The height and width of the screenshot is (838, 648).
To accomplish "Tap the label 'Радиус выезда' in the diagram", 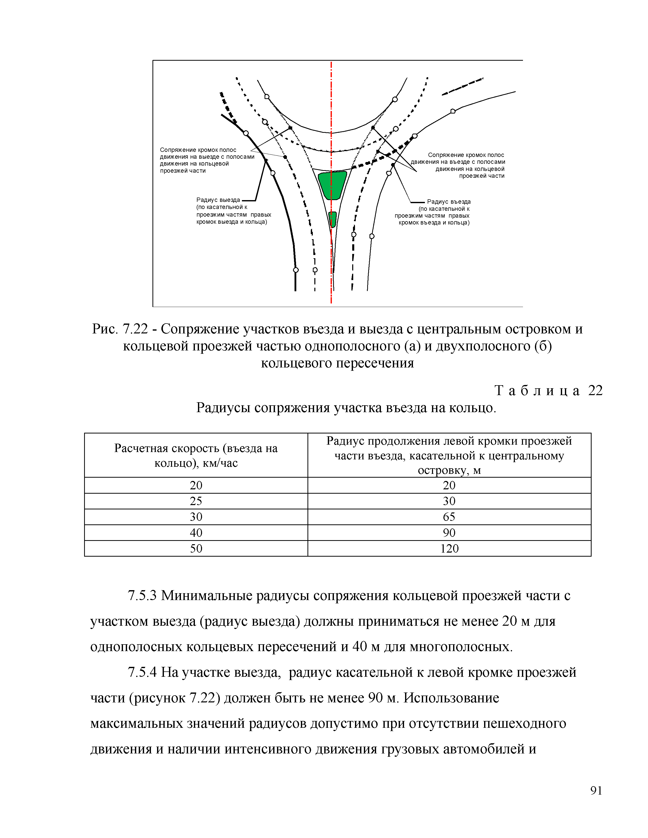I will [218, 200].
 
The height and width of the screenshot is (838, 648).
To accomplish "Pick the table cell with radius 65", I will [449, 517].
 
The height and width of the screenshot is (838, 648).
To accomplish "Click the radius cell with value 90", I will [449, 533].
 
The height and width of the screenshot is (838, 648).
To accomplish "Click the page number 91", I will [596, 791].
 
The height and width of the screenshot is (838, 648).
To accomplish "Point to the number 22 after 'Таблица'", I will [595, 391].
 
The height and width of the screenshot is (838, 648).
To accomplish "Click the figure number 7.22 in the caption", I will [135, 329].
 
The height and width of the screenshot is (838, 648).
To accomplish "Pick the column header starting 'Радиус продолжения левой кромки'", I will [449, 456].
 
